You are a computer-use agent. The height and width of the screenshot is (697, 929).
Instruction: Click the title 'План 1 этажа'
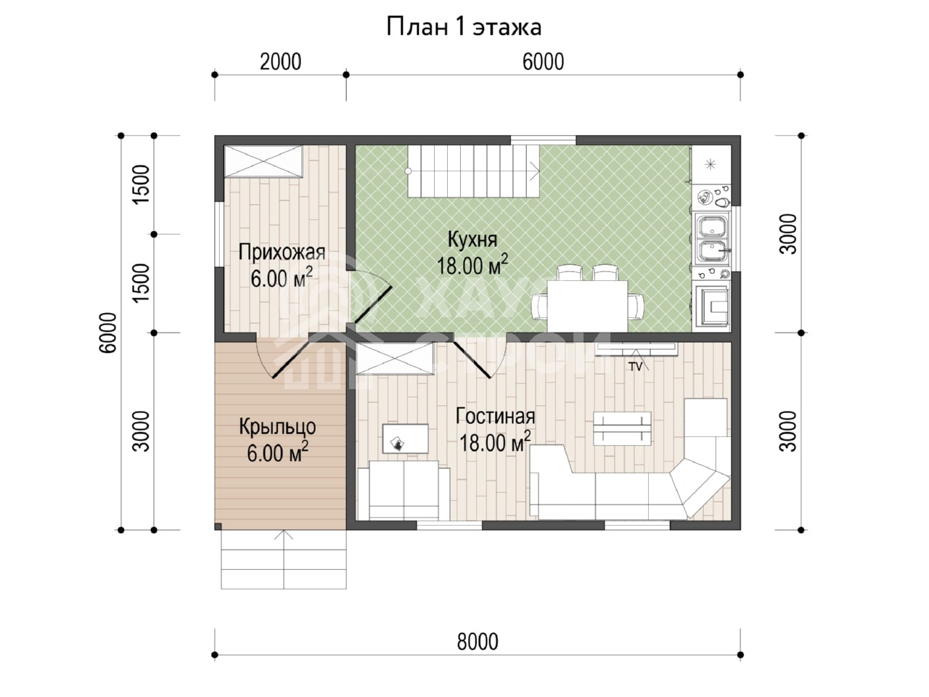464,27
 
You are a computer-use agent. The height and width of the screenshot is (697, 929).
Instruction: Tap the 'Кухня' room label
472,240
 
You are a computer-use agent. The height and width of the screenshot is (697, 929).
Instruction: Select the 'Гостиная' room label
495,417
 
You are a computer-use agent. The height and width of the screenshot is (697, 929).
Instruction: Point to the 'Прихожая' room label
282,253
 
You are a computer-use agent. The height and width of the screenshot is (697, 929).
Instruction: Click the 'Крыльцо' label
278,427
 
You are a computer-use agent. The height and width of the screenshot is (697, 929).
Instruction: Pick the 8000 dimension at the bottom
478,642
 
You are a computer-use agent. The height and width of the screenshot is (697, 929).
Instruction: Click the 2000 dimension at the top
280,62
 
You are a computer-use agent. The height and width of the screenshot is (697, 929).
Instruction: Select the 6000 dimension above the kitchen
543,62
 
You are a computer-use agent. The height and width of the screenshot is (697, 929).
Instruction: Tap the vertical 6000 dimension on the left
107,333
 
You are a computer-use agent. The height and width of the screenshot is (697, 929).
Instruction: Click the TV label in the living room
635,367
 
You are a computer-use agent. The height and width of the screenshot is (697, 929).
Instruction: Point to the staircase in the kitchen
474,171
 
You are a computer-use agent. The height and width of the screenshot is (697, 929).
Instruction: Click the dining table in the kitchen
587,306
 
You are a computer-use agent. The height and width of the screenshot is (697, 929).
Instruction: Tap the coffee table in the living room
622,428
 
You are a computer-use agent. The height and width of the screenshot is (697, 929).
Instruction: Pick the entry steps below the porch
284,559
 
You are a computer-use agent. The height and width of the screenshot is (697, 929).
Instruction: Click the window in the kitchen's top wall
543,140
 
